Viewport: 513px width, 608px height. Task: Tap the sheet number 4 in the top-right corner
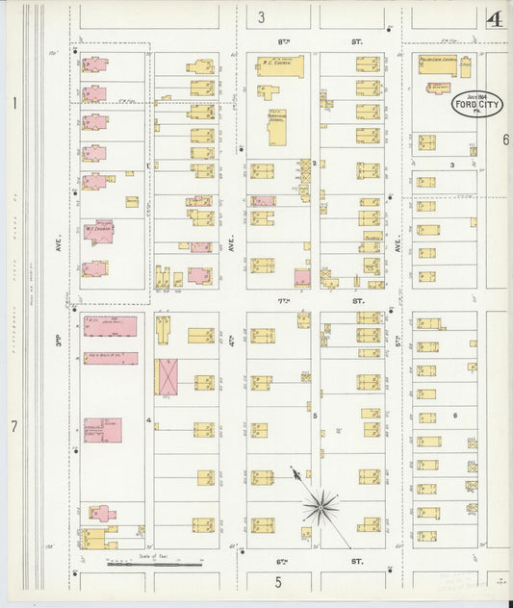pos(496,19)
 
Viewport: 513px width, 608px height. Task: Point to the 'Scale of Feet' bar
pos(154,561)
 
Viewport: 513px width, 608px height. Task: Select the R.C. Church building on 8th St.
pos(280,65)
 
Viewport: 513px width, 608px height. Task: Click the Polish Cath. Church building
pos(444,64)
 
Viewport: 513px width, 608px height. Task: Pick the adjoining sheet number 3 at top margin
pos(261,16)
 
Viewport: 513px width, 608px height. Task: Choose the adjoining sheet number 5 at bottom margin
pos(277,581)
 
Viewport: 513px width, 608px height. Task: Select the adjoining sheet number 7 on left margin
pos(14,425)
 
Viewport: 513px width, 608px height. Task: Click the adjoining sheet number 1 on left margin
pos(14,103)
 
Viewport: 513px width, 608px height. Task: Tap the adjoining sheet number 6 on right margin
pos(504,139)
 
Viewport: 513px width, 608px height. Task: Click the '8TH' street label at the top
pos(283,42)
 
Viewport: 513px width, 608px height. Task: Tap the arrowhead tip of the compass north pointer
pos(293,469)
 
